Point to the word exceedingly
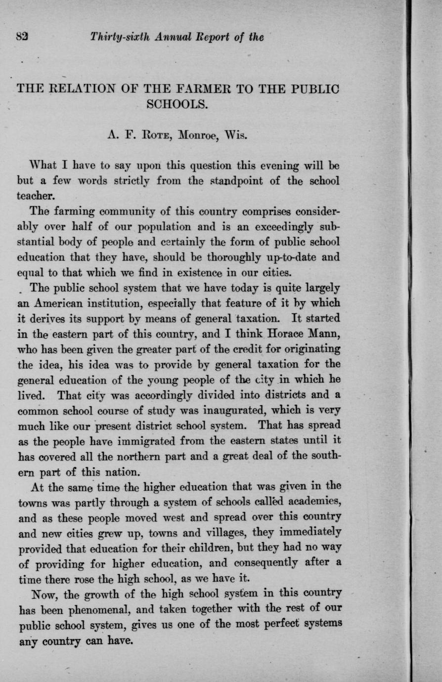pos(281,227)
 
